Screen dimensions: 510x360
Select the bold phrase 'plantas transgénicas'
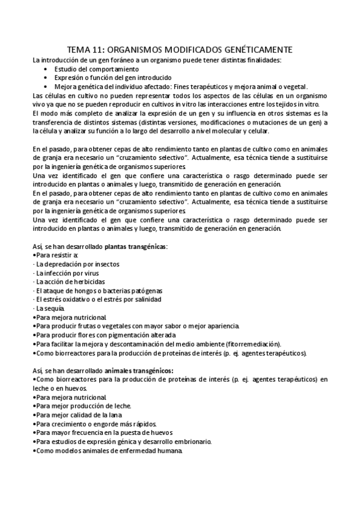[136, 247]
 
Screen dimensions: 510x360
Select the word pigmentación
[138, 334]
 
